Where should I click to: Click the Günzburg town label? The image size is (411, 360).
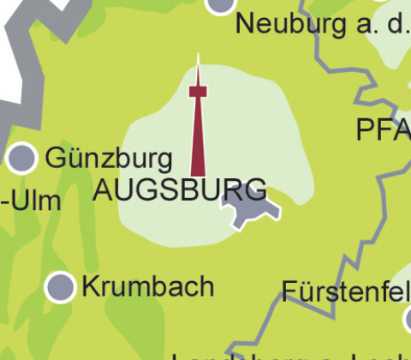click(109, 158)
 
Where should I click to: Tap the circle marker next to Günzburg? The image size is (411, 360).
click(21, 158)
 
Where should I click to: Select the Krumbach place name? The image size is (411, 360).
click(147, 286)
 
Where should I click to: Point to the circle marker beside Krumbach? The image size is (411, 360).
click(60, 286)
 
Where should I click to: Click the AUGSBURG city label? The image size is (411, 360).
click(178, 189)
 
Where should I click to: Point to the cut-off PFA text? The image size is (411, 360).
click(384, 130)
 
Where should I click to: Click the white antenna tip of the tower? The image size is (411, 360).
click(198, 63)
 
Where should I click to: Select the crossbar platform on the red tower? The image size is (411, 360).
click(198, 91)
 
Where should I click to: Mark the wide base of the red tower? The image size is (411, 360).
click(198, 167)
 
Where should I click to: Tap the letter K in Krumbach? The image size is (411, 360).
click(91, 286)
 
